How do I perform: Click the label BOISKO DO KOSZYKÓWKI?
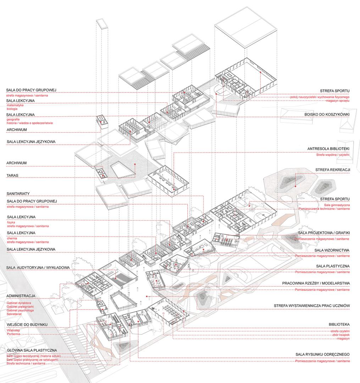coord(327,115)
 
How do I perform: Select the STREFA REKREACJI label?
coord(334,170)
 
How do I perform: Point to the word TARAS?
coord(13,176)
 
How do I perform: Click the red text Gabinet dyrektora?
coord(19,303)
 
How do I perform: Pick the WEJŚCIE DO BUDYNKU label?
coord(27,324)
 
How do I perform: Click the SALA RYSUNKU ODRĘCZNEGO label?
coord(323,354)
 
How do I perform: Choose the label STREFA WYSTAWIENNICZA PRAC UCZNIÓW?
coord(312,306)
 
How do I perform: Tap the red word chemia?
coord(12,239)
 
